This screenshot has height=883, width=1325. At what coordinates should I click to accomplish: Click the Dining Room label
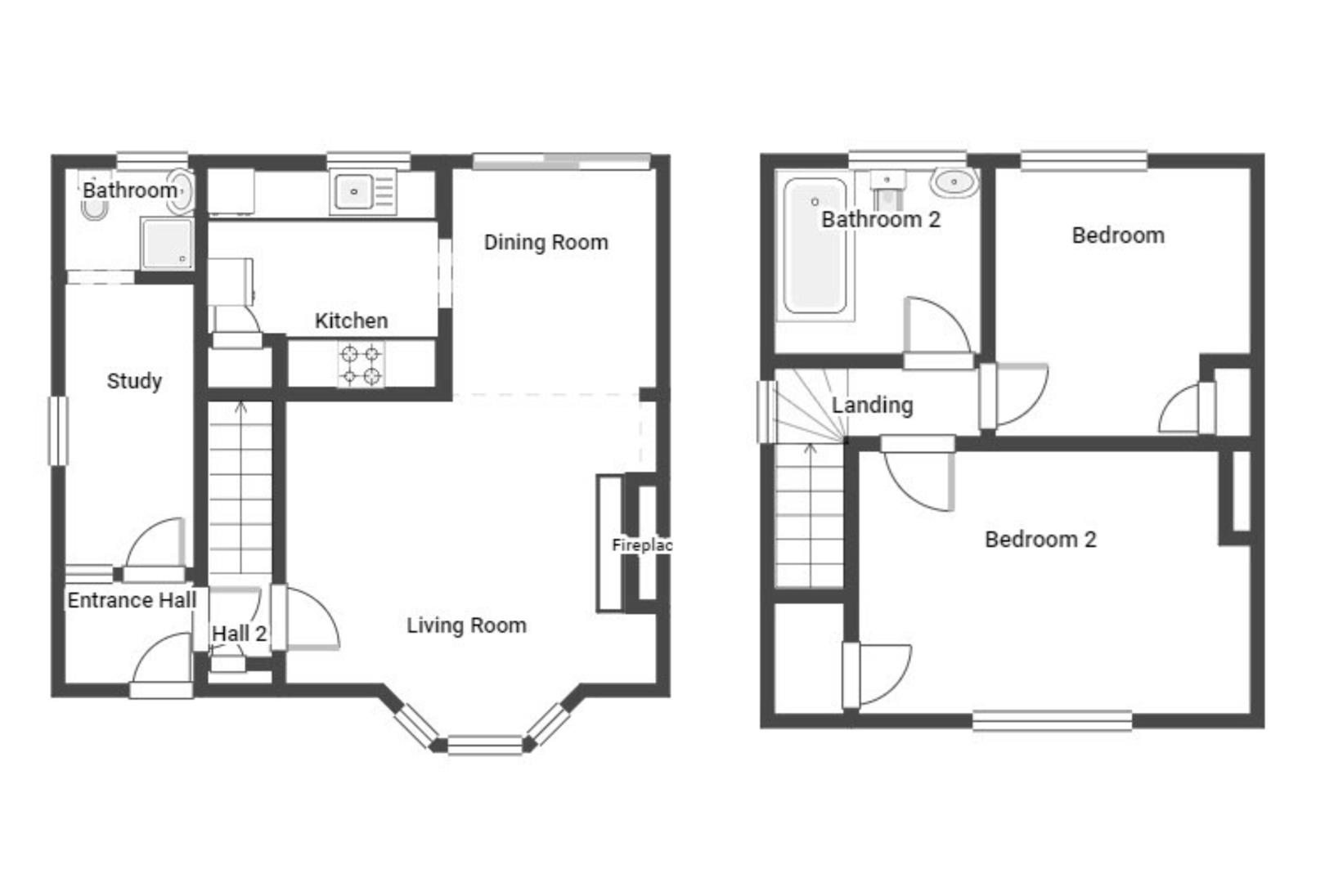[x=546, y=242]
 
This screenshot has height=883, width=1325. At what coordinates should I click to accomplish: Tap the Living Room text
[x=466, y=625]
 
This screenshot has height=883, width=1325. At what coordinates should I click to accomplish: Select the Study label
[x=134, y=381]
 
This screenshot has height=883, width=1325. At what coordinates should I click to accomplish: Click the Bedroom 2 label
[x=1040, y=540]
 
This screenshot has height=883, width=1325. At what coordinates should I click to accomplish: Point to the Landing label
[x=872, y=405]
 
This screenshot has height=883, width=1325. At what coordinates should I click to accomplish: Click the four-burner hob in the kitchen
[x=361, y=365]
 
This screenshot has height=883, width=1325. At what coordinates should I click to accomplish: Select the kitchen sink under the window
[x=354, y=191]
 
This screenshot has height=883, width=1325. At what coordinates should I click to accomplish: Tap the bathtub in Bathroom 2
[x=814, y=245]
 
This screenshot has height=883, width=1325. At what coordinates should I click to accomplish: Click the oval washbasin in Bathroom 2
[x=954, y=182]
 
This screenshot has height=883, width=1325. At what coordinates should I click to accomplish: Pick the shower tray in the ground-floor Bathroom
[x=167, y=244]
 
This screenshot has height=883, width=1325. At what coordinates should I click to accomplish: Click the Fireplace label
[x=642, y=545]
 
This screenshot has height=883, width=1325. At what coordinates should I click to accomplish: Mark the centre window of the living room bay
[x=484, y=745]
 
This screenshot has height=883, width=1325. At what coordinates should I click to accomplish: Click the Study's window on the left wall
[x=58, y=431]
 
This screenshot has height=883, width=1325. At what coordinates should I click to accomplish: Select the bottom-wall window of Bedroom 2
[x=1052, y=720]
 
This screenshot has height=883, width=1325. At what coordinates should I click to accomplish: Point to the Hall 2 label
[x=239, y=634]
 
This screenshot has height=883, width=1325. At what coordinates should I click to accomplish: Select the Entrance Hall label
[x=132, y=601]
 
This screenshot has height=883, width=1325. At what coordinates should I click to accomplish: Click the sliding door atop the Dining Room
[x=562, y=160]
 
